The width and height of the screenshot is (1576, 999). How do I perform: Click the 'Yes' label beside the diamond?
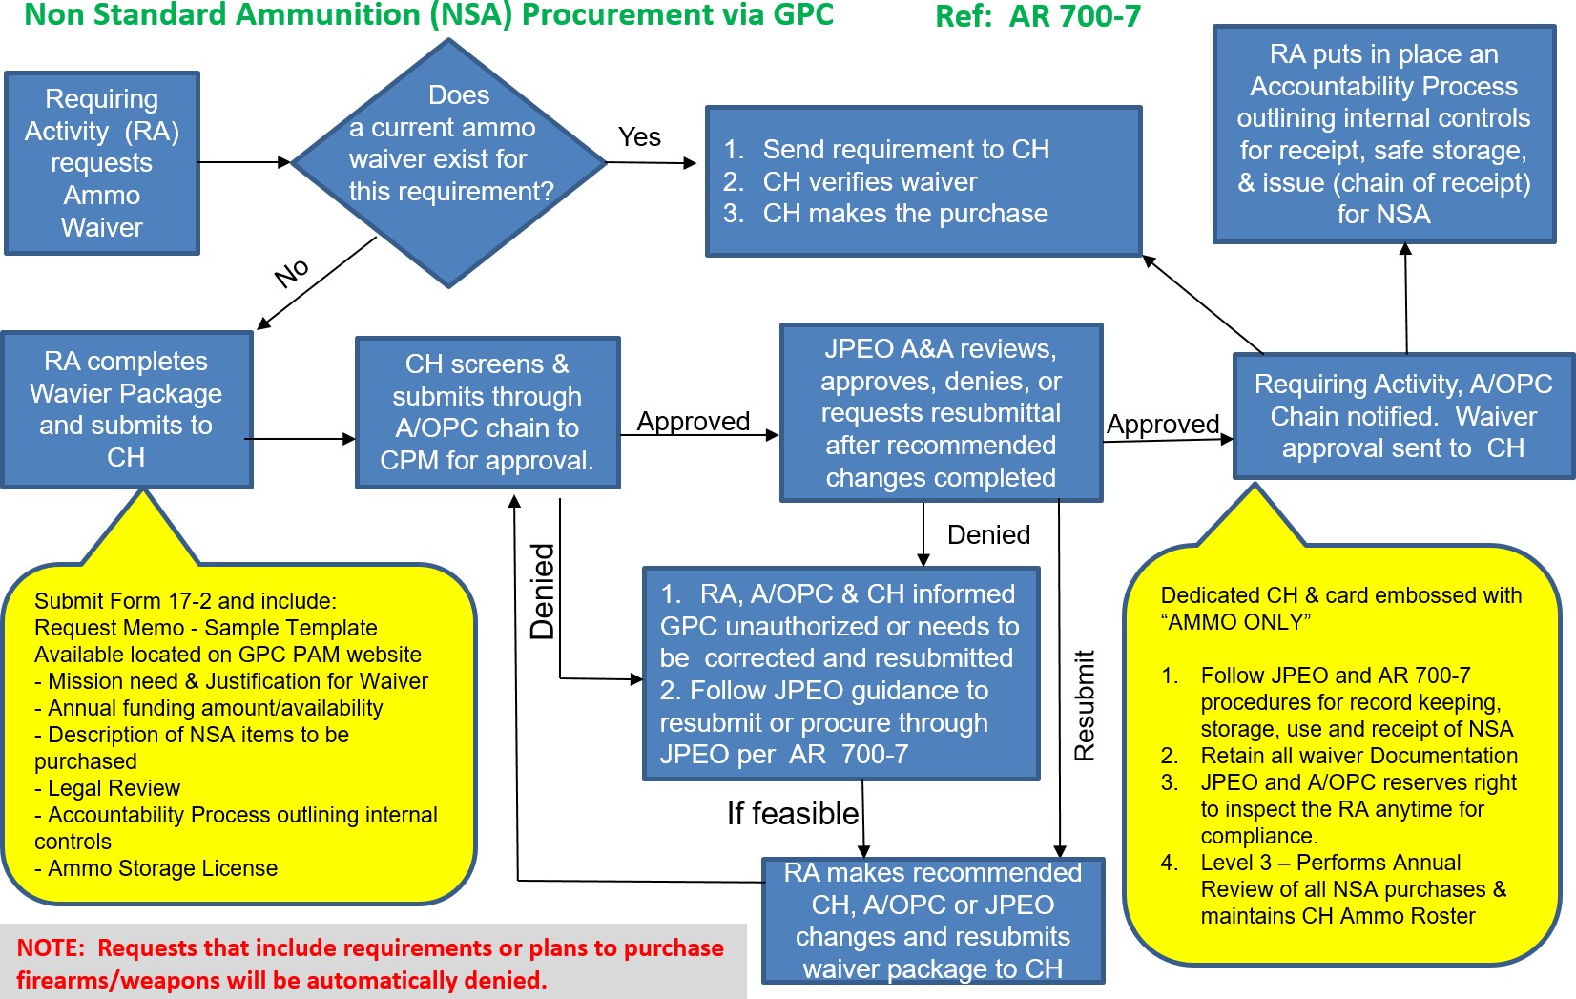tap(639, 137)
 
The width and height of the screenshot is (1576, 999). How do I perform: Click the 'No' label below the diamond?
tap(292, 272)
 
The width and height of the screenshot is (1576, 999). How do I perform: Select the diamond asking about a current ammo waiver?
tap(449, 162)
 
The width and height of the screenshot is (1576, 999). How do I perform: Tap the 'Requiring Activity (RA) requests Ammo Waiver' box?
tap(102, 163)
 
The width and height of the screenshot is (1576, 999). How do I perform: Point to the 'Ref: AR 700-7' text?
tap(1037, 16)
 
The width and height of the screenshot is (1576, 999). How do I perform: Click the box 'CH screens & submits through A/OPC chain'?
tap(487, 412)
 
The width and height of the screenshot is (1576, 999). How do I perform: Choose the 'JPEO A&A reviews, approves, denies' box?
tap(941, 412)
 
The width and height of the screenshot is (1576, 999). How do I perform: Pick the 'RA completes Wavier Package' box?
tap(126, 409)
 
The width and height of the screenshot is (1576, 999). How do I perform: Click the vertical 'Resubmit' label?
tap(1085, 705)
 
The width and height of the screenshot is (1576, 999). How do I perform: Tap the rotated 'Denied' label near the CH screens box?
tap(543, 591)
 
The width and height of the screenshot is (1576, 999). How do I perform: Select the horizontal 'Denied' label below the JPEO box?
tap(988, 534)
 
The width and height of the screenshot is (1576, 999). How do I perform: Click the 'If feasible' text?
tap(793, 813)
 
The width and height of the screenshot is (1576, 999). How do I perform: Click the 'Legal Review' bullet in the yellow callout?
tap(114, 788)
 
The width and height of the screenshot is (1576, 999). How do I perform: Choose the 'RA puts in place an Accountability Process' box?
tap(1383, 134)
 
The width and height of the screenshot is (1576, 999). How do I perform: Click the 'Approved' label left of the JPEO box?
tap(694, 421)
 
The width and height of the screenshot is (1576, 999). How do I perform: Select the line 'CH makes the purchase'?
tap(904, 214)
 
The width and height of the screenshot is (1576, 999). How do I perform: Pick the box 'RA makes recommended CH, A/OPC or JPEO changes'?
tap(933, 920)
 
